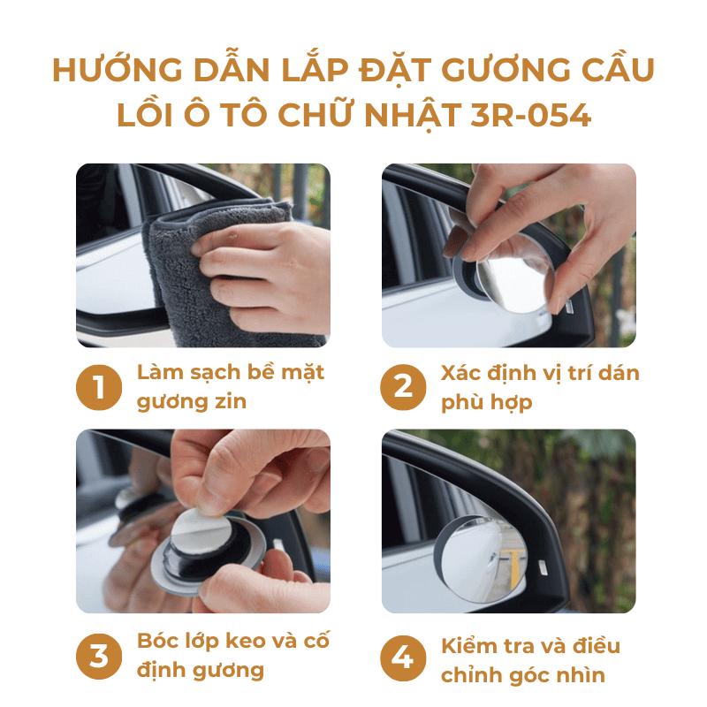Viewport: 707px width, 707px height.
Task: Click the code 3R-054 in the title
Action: point(530,115)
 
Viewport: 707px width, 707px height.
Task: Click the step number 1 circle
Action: point(99,387)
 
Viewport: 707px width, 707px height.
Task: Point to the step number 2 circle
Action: point(403,387)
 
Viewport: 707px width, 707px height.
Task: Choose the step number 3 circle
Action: point(99,656)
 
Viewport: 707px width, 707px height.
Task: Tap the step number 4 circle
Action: point(403,658)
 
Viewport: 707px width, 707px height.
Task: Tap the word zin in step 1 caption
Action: point(231,401)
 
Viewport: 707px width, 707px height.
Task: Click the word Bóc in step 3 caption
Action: point(156,641)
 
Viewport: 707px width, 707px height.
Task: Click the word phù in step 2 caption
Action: point(462,402)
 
